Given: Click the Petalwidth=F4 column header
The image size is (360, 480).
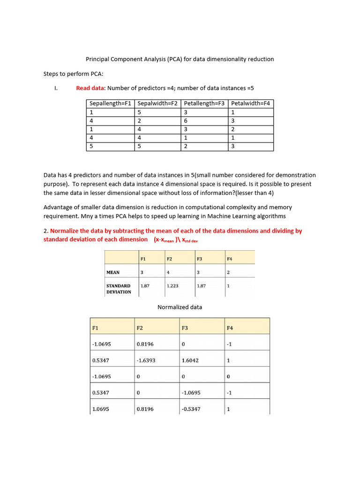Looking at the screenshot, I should coord(250,104).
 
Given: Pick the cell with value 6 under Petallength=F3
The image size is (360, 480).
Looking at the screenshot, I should coord(186,121).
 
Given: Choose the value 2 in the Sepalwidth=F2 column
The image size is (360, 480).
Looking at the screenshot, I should coord(139,121).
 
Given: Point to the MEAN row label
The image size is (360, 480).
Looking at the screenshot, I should coord(113,272).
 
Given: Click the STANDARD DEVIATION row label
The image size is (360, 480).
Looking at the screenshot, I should coord(119,289).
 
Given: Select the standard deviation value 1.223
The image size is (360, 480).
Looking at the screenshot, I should coord(172,285).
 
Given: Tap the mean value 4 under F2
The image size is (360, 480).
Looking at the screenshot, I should coord(167,272).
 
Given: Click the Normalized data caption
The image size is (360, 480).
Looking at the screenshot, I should coord(180,307).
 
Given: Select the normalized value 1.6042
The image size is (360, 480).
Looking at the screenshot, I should coord(191,360).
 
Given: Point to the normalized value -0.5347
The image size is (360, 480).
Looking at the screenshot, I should coord(191,409).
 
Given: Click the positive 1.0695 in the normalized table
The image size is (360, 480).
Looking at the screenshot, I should coord(101,409).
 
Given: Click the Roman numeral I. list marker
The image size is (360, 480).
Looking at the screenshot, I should coord(56,88).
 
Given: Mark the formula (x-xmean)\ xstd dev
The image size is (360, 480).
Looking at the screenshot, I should coord(179,240).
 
